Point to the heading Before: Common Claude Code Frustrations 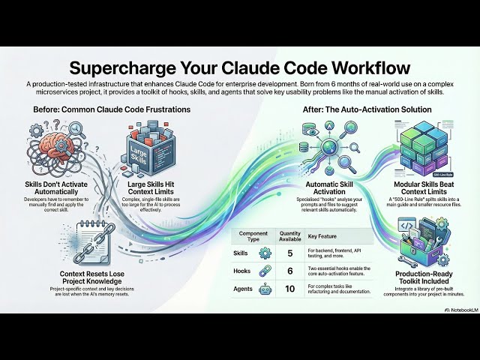coord(112,109)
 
